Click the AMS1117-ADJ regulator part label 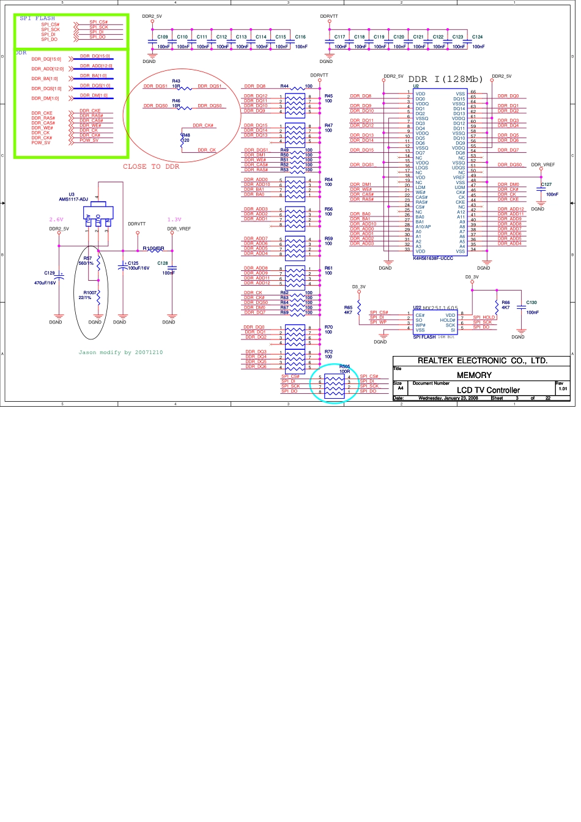click(73, 199)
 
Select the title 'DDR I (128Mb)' click(445, 80)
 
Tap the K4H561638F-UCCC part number click(433, 258)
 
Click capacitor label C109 click(162, 37)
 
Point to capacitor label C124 click(477, 37)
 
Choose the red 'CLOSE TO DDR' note click(151, 166)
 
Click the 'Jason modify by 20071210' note click(120, 352)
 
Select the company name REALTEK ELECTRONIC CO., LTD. click(482, 361)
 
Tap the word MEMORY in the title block click(474, 375)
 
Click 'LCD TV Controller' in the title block click(488, 390)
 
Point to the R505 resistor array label click(344, 366)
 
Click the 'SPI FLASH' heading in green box click(37, 18)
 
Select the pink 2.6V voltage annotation click(56, 220)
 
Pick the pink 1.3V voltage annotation click(174, 220)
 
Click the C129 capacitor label click(50, 273)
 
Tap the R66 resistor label click(505, 303)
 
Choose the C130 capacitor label click(531, 303)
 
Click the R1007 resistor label click(91, 293)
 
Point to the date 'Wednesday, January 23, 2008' click(448, 398)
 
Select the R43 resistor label click(176, 81)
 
